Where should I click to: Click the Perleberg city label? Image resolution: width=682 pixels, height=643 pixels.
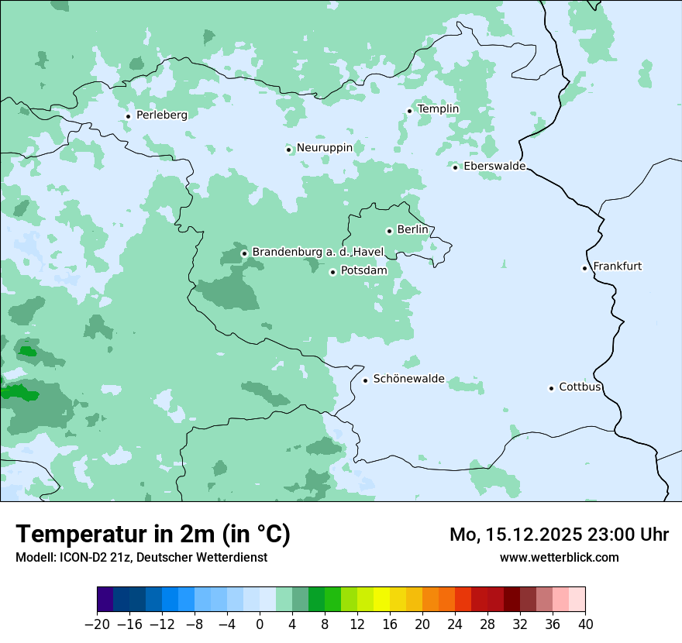coord(161,115)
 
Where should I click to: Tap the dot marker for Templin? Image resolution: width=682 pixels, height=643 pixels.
coord(409,111)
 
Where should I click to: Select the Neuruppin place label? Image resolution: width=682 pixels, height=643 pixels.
coord(324,148)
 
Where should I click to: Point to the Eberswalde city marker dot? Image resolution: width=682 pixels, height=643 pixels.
coord(455,167)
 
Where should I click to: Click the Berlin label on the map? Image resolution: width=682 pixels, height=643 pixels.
coord(412,230)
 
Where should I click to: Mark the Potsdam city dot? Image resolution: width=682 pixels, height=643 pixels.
coord(332,272)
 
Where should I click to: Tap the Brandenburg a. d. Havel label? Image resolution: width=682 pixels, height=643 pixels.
coord(318,253)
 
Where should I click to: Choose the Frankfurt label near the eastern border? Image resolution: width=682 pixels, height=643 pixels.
coord(617,266)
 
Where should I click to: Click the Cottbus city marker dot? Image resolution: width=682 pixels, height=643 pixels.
coord(551,388)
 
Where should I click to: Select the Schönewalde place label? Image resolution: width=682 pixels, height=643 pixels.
coord(408,379)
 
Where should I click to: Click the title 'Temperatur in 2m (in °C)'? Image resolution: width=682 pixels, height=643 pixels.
coord(153,535)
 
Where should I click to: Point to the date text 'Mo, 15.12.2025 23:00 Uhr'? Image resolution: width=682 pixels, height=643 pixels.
coord(559,535)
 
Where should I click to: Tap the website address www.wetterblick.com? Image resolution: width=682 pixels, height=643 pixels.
coord(559,557)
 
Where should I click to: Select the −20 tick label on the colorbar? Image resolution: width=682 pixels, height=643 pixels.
coord(97,624)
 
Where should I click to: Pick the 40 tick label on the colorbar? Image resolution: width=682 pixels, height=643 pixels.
coord(585,624)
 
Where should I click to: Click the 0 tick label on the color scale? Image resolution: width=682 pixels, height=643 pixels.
coord(260,624)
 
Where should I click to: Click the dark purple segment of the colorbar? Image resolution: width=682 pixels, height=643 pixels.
coord(105,600)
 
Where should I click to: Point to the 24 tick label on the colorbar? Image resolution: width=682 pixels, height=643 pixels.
coord(455,624)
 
